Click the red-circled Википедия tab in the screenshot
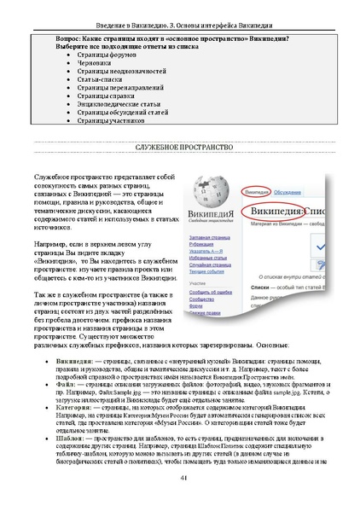point(256,193)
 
